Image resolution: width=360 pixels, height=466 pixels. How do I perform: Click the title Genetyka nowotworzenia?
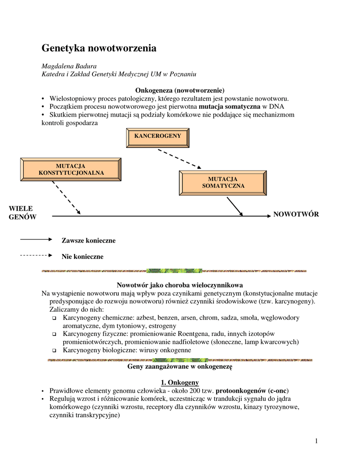click(x=99, y=48)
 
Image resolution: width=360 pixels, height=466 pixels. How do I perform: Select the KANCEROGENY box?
click(x=157, y=137)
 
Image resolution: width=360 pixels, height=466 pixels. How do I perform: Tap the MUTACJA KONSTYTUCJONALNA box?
click(x=71, y=169)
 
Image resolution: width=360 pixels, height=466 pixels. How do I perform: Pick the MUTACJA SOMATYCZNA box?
click(x=223, y=182)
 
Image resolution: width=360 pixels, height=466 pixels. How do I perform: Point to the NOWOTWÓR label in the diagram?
click(x=296, y=214)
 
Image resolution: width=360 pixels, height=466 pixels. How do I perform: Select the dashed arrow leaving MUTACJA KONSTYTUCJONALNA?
click(x=66, y=198)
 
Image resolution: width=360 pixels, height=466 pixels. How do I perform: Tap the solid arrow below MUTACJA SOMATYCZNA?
click(x=235, y=206)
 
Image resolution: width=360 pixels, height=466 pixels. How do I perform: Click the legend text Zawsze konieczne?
click(x=88, y=240)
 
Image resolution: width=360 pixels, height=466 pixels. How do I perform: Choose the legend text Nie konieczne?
click(x=82, y=257)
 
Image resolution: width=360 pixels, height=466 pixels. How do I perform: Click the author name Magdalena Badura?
click(x=69, y=66)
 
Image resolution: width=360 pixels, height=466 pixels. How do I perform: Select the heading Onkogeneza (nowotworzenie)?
click(x=180, y=91)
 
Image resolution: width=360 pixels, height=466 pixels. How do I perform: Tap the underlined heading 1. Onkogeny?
click(x=180, y=382)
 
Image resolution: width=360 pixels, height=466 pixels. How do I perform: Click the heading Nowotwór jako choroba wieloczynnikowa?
click(x=180, y=285)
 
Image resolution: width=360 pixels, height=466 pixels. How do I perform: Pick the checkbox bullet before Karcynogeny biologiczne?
click(x=54, y=350)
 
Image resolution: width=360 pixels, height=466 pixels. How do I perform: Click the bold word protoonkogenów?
click(x=241, y=390)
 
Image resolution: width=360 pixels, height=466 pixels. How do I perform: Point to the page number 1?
click(x=316, y=440)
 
